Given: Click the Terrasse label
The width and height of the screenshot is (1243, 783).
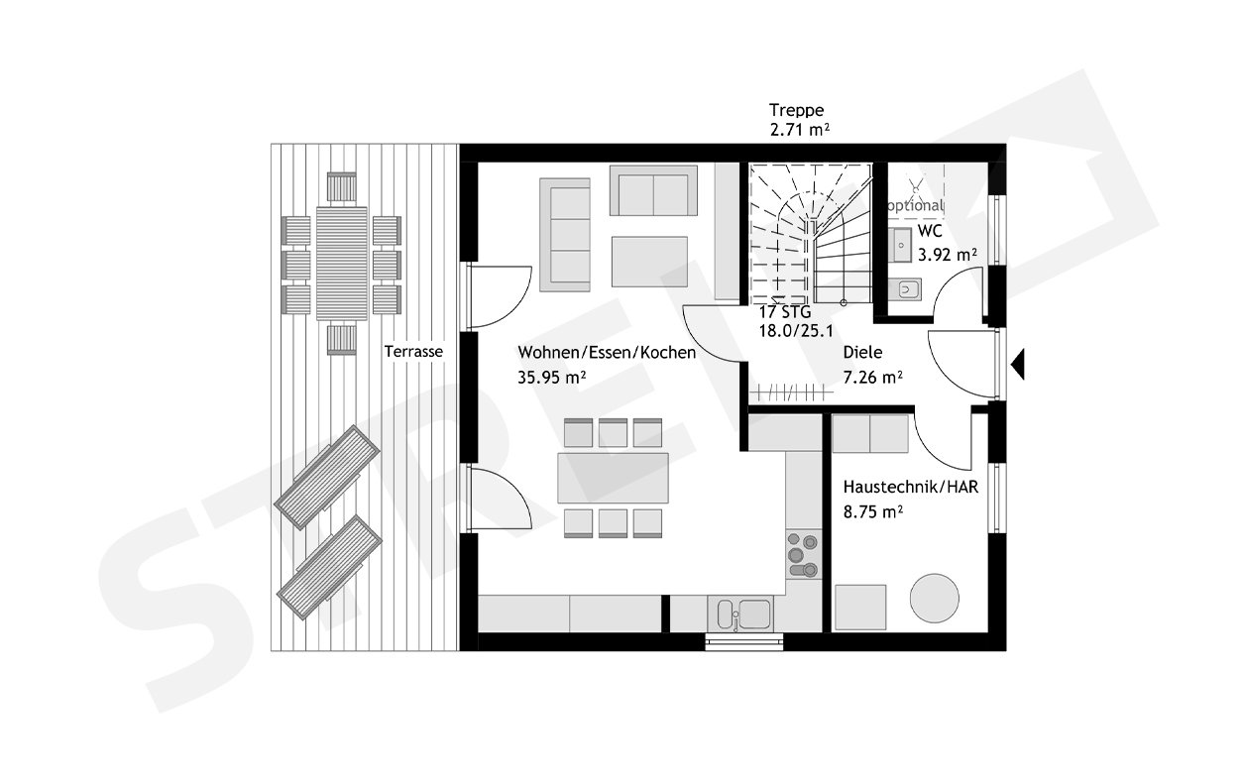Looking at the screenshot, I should [x=414, y=352].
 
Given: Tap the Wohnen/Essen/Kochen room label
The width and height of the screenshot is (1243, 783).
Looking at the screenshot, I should [x=606, y=353].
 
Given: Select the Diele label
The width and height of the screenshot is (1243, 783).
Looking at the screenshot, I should [x=862, y=353].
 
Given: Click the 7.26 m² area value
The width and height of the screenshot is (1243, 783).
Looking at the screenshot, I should [x=872, y=377].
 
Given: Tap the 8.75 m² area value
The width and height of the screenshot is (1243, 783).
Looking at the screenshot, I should [x=872, y=511].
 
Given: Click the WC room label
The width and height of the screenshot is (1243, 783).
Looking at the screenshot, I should [x=930, y=231].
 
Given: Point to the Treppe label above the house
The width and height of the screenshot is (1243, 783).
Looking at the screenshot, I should [x=797, y=110].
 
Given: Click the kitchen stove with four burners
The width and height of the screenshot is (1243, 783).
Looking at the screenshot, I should [x=801, y=555].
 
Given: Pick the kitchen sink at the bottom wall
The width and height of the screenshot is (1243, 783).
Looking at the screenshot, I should [x=740, y=614].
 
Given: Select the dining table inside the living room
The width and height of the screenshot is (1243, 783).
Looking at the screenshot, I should [x=614, y=478].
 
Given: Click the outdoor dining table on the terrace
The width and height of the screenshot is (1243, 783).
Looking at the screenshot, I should [x=342, y=263].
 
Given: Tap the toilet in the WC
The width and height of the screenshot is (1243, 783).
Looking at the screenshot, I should [x=905, y=289].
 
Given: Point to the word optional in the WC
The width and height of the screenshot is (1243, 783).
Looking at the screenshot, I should [x=913, y=206].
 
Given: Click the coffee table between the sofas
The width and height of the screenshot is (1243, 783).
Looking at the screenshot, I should [x=649, y=261].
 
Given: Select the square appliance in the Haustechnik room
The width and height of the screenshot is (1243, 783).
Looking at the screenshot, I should [x=859, y=606].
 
